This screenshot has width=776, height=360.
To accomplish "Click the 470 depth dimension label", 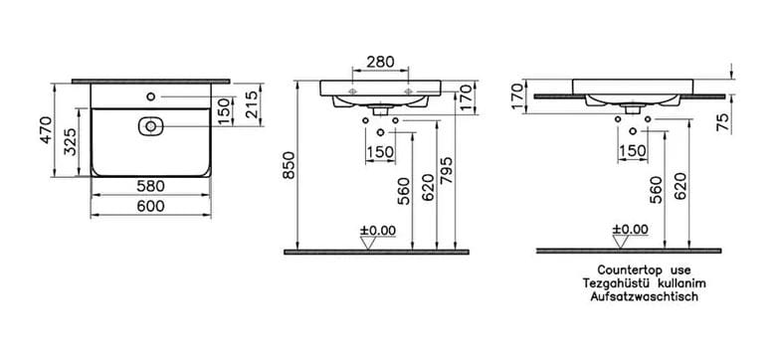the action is (x=46, y=130).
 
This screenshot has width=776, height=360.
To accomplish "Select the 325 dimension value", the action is (x=71, y=142).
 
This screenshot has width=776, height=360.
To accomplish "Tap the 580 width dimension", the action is (x=150, y=186).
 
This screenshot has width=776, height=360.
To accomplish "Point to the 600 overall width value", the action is (x=150, y=206).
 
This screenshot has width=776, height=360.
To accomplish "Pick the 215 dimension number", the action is (x=252, y=104).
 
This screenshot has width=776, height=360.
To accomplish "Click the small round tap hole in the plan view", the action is (x=151, y=96).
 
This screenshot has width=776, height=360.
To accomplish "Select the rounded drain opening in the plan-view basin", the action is (x=150, y=126).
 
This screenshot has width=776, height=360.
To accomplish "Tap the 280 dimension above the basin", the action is (x=380, y=62).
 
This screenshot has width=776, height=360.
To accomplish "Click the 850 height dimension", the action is (x=290, y=165).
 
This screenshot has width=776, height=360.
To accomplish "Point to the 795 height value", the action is (x=447, y=171).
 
